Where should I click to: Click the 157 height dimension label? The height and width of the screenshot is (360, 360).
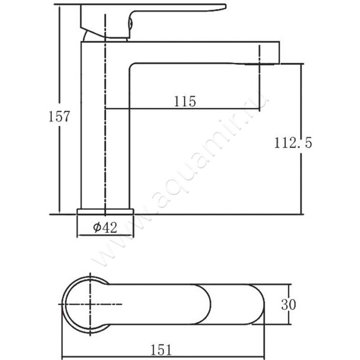click(x=59, y=116)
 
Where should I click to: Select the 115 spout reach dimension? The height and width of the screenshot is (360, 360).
click(x=185, y=101)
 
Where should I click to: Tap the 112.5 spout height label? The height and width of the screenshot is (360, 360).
click(x=293, y=143)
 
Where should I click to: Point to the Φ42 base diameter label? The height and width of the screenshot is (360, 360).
click(x=105, y=227)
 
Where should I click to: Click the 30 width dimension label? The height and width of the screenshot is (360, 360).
click(x=288, y=305)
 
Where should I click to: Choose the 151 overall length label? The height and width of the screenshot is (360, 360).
click(x=161, y=350)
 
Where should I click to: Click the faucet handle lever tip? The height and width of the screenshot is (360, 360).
click(x=225, y=7)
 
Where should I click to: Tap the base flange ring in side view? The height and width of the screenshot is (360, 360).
click(x=105, y=211)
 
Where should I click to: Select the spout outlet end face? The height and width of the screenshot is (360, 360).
click(x=279, y=53)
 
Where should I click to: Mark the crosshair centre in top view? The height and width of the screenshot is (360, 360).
click(x=90, y=304)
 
